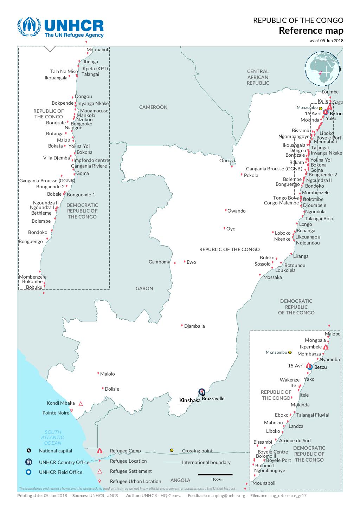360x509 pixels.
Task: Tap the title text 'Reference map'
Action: (311, 31)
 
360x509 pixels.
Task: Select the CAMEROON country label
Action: (153, 107)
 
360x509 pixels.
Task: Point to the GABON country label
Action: (144, 288)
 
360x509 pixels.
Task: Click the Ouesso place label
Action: (227, 161)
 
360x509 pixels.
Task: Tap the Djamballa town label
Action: (194, 326)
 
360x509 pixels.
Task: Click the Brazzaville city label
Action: (213, 398)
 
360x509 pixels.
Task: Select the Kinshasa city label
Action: (190, 400)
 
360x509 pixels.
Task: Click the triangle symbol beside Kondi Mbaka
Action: (81, 404)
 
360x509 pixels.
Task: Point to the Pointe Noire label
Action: (56, 413)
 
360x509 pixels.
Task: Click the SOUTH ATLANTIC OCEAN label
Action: (53, 437)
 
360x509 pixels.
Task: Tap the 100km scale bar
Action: (215, 475)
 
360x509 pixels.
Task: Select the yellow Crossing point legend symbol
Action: (172, 450)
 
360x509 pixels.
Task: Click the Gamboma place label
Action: (159, 262)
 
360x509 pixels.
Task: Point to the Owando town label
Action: (236, 211)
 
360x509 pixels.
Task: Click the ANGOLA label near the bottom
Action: (180, 480)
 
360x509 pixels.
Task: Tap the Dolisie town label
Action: (112, 389)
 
